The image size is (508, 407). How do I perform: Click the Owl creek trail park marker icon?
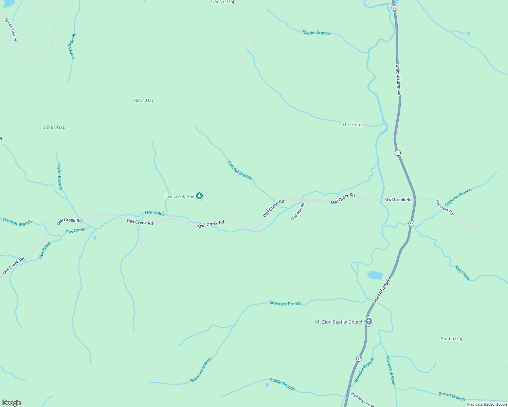click(199, 196)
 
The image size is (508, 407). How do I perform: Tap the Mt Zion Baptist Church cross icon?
click(369, 321)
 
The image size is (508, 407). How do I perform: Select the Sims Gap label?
click(144, 100)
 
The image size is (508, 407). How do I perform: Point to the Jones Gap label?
click(54, 128)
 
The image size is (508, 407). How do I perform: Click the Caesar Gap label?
click(223, 2)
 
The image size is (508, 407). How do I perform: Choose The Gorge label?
click(353, 125)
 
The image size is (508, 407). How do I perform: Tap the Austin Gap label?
click(452, 338)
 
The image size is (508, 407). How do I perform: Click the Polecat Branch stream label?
click(239, 170)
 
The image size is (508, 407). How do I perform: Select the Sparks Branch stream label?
click(316, 33)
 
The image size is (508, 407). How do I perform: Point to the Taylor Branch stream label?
click(59, 176)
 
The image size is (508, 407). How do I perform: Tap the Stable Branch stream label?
click(282, 384)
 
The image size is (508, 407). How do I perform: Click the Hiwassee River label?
click(391, 371)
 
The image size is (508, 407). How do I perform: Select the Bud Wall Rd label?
click(298, 212)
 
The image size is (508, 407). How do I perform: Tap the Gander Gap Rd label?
click(11, 30)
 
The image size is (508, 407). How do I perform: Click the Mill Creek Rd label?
click(444, 207)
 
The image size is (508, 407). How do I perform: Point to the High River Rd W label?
click(362, 399)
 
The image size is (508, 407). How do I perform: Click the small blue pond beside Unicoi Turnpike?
click(375, 275)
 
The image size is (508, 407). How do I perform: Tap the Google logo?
click(12, 403)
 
